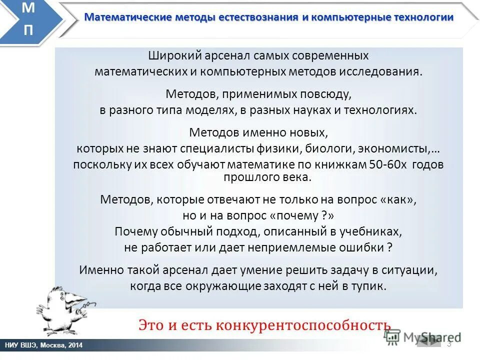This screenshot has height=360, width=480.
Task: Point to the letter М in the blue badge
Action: coord(29,9)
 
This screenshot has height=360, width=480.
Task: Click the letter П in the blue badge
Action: coord(29,30)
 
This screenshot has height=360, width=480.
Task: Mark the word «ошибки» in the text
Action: coord(361,247)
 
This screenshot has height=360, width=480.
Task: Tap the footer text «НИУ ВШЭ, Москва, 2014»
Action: coord(44,345)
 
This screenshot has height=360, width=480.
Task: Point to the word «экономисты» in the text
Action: coord(401,148)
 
